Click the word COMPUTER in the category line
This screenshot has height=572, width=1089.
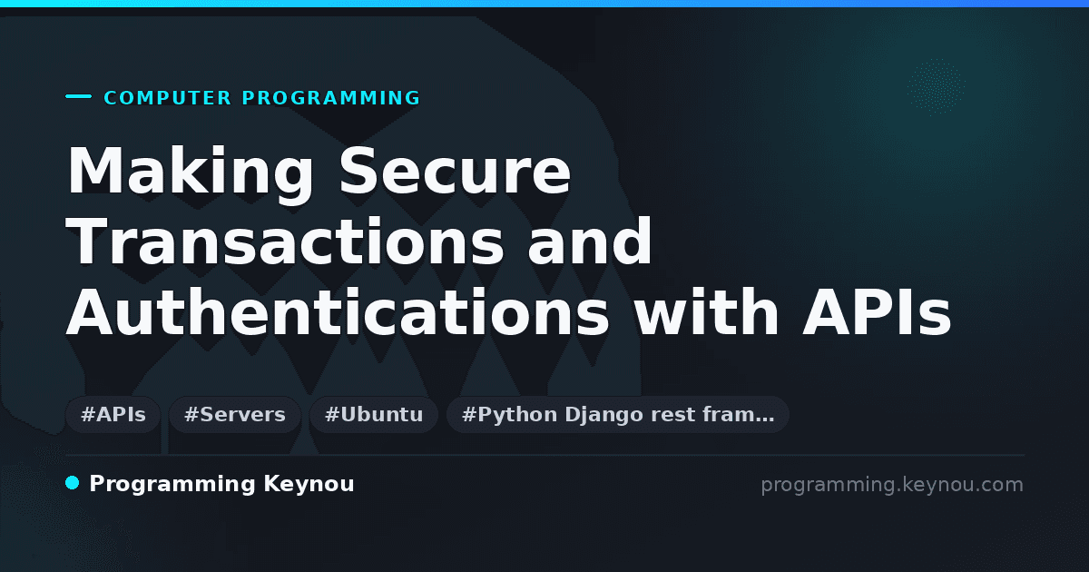(168, 98)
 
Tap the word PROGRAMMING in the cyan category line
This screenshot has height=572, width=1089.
(331, 98)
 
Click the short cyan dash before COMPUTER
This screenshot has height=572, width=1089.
(78, 96)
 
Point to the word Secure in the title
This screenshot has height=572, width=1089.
(455, 171)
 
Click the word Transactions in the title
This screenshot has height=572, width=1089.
(285, 242)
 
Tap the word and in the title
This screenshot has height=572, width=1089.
(589, 241)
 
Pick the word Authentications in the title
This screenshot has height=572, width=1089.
(338, 311)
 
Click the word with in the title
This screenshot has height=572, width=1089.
(705, 311)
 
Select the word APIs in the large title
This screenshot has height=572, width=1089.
(877, 311)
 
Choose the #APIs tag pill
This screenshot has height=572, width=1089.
(113, 415)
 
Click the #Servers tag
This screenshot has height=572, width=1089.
(235, 415)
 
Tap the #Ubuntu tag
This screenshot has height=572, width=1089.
(374, 415)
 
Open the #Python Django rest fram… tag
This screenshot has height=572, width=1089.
(618, 415)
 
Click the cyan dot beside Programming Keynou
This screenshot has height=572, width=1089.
(73, 483)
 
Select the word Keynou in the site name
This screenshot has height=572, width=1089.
(309, 485)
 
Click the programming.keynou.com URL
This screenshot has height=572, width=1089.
(892, 485)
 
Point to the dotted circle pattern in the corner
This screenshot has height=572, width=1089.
(936, 87)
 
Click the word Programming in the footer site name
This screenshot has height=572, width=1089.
(172, 485)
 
